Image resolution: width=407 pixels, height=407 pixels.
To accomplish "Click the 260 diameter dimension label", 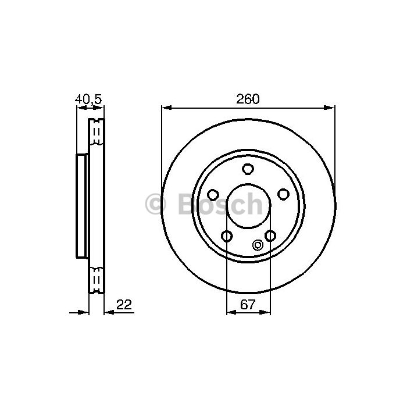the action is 248,99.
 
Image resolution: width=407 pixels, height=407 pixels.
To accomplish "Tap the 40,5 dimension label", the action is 88,99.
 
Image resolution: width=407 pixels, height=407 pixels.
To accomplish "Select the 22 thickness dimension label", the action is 124,305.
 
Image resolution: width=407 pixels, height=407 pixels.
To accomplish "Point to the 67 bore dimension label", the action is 248,305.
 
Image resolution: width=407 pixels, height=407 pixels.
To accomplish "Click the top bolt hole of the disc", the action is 248,169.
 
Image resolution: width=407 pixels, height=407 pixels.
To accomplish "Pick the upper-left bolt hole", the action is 213,195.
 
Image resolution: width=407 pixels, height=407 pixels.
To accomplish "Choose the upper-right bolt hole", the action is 283,194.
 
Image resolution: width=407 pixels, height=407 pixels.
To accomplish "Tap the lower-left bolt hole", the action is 226,236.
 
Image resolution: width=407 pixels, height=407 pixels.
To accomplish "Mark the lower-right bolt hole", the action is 270,235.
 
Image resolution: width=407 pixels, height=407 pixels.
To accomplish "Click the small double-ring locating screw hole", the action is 258,245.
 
